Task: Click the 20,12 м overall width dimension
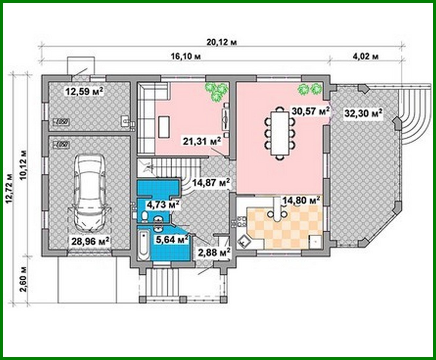point(221,42)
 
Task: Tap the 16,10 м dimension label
point(185,56)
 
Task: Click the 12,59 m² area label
point(85,91)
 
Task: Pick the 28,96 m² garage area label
point(90,242)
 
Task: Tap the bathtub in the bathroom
point(143,246)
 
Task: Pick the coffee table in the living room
point(164,127)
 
